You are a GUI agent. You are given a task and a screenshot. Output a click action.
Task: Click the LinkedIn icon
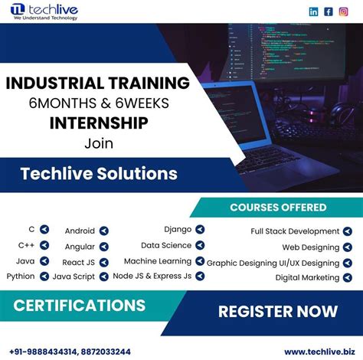314,11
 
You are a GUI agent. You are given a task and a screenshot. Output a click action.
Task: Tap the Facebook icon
329,11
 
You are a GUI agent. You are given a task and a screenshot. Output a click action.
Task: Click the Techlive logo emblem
18,12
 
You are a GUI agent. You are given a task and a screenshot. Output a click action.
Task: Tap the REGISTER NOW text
277,310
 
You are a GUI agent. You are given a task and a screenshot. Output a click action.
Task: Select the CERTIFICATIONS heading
79,306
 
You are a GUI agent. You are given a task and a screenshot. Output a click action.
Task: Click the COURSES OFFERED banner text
278,207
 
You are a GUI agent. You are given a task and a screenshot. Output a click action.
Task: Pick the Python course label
20,276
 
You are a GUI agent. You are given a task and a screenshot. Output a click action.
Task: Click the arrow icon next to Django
200,229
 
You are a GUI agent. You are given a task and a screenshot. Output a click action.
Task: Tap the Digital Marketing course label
307,277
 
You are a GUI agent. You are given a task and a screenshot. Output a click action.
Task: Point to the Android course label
80,230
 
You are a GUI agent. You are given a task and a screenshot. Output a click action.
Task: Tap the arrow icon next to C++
44,245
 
